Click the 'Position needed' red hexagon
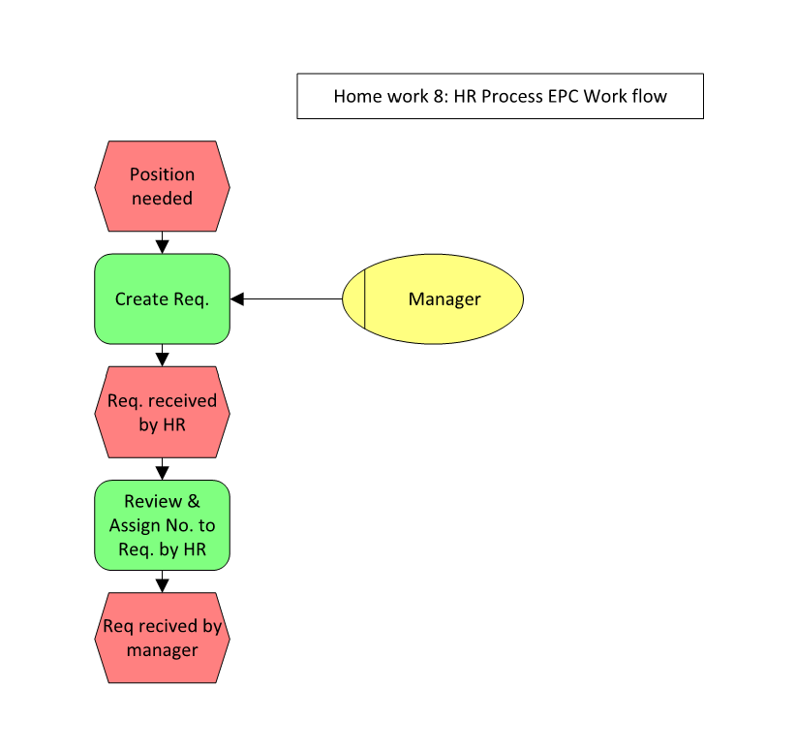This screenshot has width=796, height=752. (x=162, y=186)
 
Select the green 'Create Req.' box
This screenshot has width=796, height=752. (x=162, y=298)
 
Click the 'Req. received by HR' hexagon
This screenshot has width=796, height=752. (x=162, y=412)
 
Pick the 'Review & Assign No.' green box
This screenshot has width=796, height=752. (x=162, y=525)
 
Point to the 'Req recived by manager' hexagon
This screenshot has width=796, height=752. (x=162, y=638)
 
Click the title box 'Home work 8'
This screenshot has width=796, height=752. (x=500, y=96)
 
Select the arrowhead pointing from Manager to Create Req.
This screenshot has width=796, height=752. (x=237, y=298)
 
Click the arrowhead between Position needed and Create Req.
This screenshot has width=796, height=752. (x=162, y=246)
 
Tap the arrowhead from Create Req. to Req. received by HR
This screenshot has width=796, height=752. (x=162, y=360)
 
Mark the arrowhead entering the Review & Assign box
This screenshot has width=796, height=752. (x=162, y=473)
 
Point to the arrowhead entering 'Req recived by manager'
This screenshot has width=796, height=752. (x=162, y=584)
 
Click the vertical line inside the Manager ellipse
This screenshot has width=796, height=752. (x=364, y=298)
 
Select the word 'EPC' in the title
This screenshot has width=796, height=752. (x=562, y=96)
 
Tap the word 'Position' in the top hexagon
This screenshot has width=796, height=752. (x=162, y=174)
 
